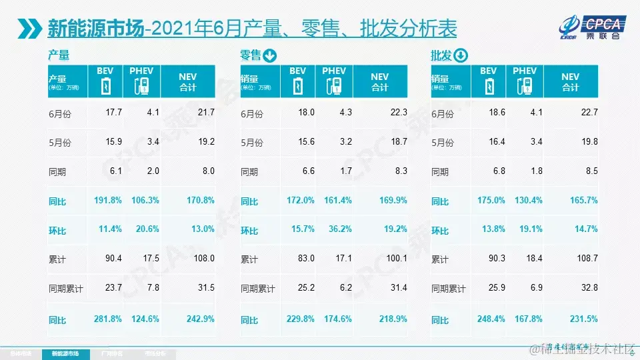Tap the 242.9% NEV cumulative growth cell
(x=200, y=319)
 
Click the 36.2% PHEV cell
(x=335, y=229)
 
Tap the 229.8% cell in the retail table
(x=300, y=319)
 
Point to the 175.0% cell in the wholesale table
(x=491, y=200)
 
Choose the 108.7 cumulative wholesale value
(x=587, y=259)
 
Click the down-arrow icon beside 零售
(x=270, y=56)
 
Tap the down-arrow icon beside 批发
(x=461, y=56)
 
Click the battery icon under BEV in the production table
(x=105, y=86)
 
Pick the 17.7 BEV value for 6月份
(x=113, y=113)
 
